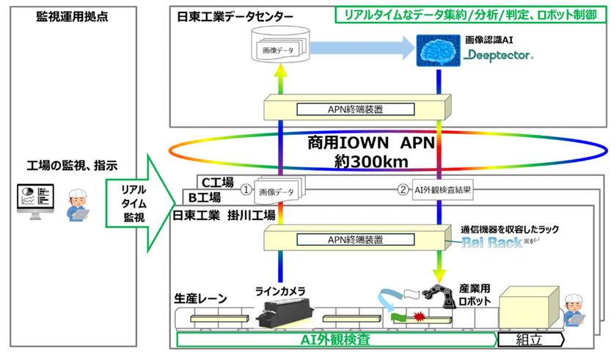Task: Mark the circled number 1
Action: tap(247, 188)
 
